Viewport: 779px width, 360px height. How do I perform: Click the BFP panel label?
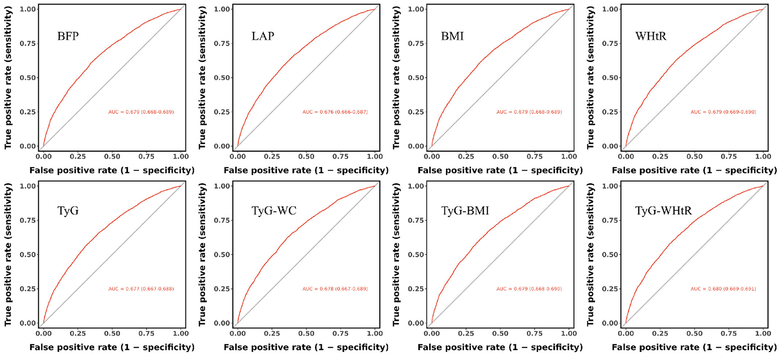tap(68, 36)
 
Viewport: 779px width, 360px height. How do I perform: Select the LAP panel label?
tap(262, 36)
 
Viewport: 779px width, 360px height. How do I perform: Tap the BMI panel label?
tap(452, 36)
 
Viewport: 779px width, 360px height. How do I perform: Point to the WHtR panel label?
tap(651, 36)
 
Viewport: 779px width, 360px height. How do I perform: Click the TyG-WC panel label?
tap(273, 211)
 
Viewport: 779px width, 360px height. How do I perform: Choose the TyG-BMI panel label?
tap(465, 211)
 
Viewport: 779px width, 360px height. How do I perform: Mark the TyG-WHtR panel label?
tap(663, 211)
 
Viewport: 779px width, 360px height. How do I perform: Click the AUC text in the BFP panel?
tap(141, 112)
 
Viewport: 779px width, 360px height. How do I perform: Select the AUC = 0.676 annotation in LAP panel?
tap(335, 112)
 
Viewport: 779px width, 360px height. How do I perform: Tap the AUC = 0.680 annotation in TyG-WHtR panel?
tap(723, 289)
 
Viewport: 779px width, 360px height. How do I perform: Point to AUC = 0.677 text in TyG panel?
tap(141, 289)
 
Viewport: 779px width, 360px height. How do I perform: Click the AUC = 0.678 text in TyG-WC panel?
tap(335, 289)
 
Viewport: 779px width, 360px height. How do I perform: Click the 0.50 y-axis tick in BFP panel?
tap(28, 78)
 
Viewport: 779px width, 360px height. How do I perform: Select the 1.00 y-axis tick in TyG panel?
tap(28, 186)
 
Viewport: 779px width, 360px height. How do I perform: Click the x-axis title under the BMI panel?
tap(500, 171)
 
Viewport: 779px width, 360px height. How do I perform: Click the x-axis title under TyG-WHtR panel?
tap(694, 347)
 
